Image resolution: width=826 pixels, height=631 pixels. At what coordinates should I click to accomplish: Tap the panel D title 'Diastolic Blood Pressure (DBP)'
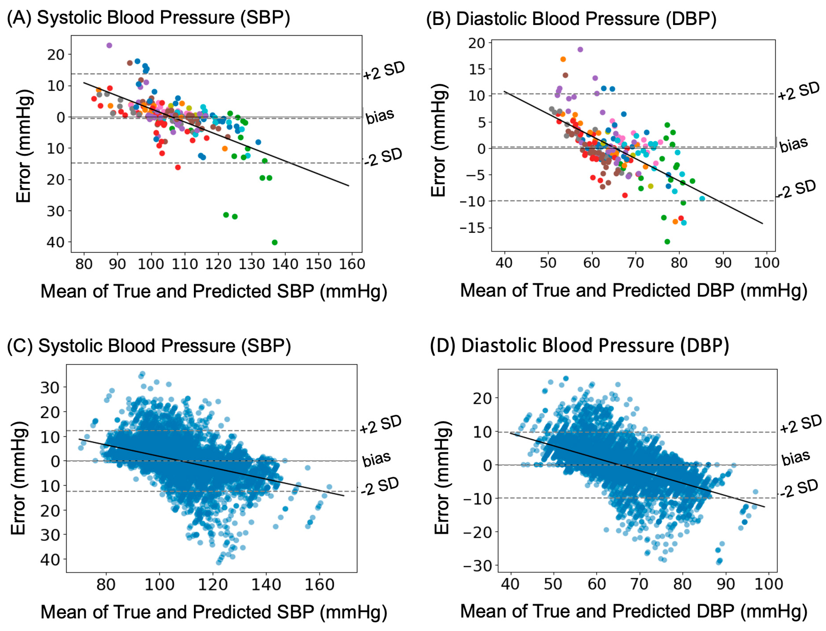[x=595, y=346]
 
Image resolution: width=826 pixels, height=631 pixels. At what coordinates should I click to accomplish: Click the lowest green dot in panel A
[x=274, y=242]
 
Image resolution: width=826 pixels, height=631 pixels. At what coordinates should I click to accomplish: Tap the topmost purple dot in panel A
[x=109, y=46]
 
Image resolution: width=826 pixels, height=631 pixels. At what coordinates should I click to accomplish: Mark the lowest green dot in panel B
[x=667, y=241]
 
